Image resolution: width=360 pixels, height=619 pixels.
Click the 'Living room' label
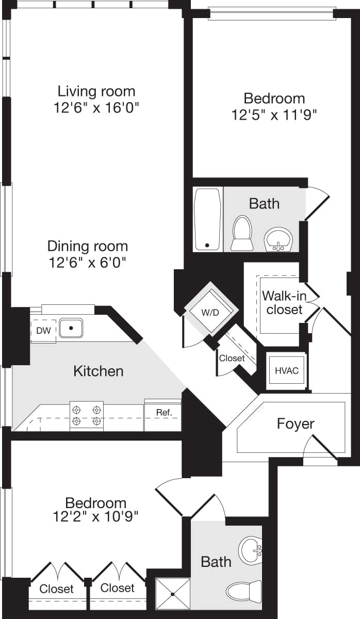click(96, 92)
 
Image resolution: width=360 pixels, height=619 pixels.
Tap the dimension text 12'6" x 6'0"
click(88, 263)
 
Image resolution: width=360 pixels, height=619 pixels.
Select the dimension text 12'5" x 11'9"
click(274, 114)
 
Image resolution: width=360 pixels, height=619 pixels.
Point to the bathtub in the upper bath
click(208, 219)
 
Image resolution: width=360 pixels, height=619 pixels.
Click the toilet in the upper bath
click(242, 233)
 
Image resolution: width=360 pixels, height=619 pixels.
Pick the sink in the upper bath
click(279, 240)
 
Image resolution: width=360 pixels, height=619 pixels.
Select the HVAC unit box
click(287, 370)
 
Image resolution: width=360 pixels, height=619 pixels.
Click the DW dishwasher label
click(44, 331)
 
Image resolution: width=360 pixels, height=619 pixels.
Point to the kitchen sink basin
click(71, 328)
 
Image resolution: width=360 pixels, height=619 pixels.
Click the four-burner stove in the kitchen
click(87, 415)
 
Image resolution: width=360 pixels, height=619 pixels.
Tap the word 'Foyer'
click(296, 424)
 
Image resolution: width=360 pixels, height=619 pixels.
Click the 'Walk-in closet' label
click(282, 303)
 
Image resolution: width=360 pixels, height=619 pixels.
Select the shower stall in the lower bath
click(173, 594)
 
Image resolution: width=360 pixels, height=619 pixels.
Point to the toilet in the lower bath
click(246, 591)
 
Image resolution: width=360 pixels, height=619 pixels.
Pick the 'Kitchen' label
click(99, 371)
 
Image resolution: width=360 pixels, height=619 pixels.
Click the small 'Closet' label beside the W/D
click(232, 358)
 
